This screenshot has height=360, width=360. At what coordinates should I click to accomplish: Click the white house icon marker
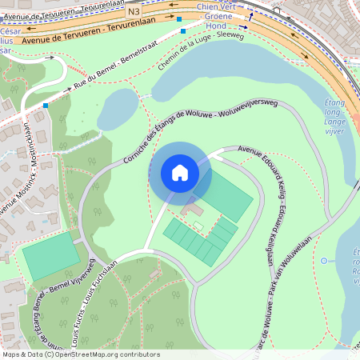(180, 173)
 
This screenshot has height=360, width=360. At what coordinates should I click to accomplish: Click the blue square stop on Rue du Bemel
(46, 106)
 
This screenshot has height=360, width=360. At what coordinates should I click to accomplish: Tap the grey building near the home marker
(191, 210)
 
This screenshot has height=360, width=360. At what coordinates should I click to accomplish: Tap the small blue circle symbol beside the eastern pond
(323, 261)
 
